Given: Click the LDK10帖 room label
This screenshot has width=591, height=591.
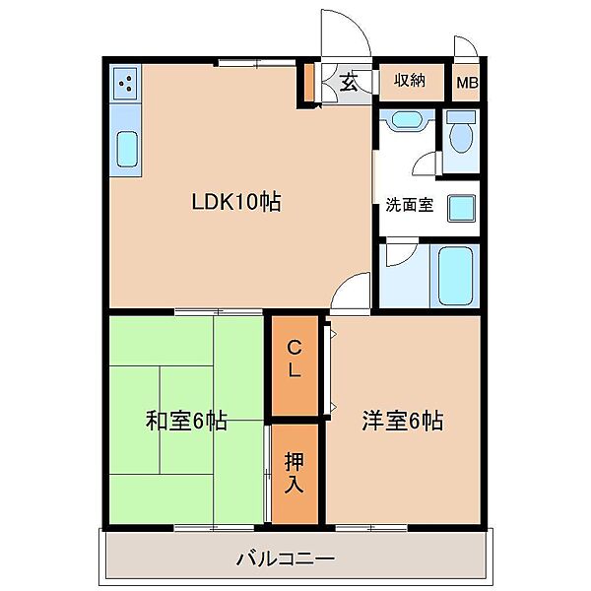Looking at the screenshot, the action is pos(236,202).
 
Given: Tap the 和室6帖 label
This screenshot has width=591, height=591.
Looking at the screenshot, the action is pos(186,421).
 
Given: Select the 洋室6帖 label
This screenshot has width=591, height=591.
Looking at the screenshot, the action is pos(403,421).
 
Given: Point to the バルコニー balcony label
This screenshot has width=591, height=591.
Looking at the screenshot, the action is pos(286,558).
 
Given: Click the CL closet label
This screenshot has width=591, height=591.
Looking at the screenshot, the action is pos(295,359).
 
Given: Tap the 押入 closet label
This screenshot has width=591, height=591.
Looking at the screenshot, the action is pos(294,473).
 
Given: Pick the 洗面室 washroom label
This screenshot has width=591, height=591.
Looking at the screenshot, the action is pos(410,205).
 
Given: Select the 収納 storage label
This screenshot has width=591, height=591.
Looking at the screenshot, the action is pos(410,81).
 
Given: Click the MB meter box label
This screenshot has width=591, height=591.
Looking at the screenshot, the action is pos(467,83).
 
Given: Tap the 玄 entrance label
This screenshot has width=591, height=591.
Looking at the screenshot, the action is pos(349,82).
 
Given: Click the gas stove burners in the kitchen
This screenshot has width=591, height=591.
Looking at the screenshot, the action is pos(125,84).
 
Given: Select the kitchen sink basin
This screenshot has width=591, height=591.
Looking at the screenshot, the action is pos(127,150).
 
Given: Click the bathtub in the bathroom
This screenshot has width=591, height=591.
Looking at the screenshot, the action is pos(456,276).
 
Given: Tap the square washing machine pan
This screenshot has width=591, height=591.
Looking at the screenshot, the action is pos(461,209).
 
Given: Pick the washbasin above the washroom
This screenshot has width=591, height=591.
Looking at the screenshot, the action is pos(406,120).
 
